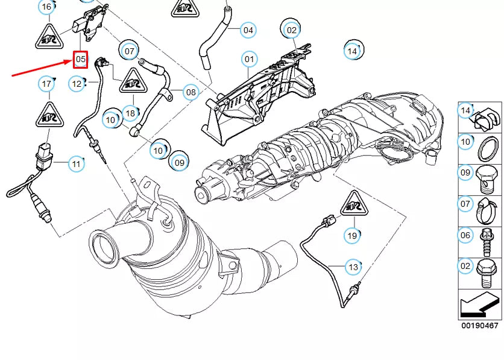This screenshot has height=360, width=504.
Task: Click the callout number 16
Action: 46,7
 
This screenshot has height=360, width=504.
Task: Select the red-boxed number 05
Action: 80,59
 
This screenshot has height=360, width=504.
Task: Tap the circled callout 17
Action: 46,83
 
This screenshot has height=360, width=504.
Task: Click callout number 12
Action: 77,84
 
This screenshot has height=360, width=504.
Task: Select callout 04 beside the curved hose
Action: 248,29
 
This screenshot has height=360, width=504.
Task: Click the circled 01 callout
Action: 249,59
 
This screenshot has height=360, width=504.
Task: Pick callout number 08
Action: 191,92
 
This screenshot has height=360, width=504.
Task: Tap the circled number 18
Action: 130,112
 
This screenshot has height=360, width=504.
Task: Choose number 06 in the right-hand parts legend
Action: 465,235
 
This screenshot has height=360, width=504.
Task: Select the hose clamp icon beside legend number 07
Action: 489,204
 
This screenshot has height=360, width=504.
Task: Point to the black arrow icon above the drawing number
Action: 480,306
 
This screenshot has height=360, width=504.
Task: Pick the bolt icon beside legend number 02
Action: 487,270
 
